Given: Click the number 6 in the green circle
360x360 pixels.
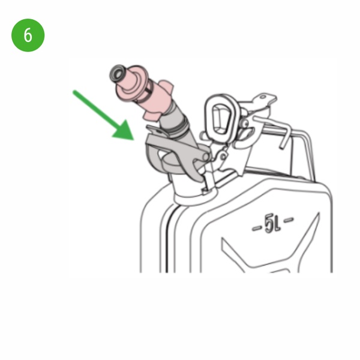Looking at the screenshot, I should tap(28, 35).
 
